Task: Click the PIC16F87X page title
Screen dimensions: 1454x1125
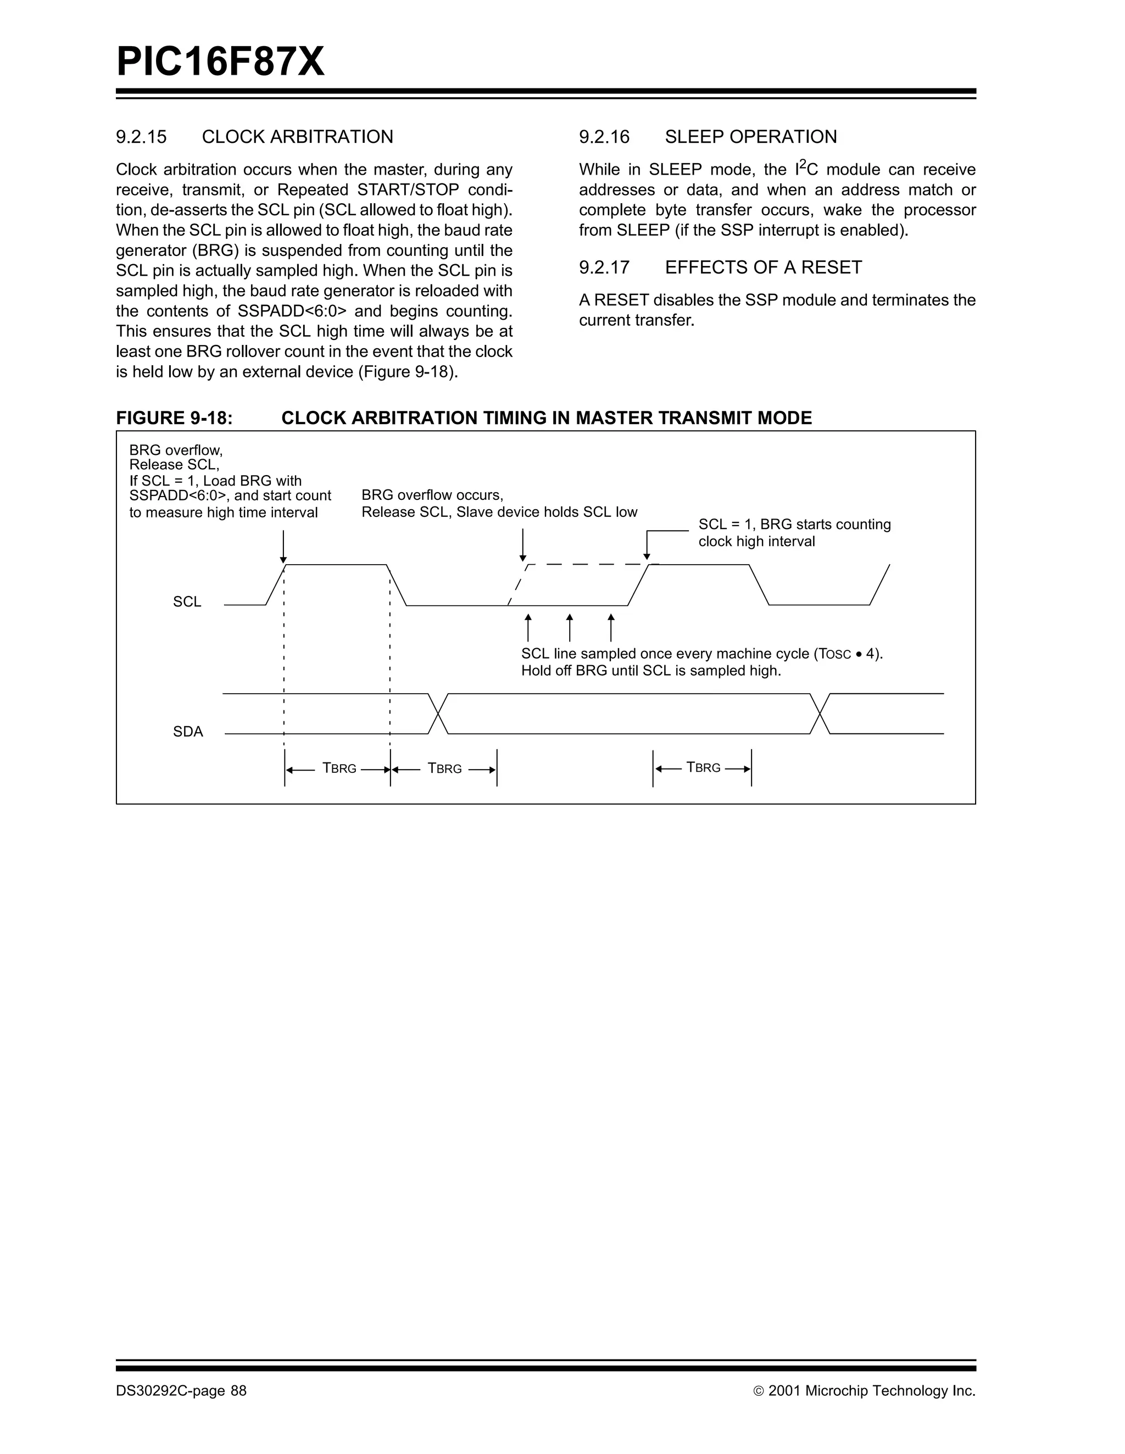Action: click(220, 63)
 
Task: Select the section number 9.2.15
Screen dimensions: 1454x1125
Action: click(141, 137)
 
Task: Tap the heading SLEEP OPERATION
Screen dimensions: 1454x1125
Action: click(750, 137)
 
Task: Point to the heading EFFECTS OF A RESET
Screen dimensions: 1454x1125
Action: click(763, 268)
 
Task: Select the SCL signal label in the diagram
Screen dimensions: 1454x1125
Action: click(187, 602)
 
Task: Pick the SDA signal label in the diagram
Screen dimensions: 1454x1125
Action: click(188, 732)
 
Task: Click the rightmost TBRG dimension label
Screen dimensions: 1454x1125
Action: click(703, 767)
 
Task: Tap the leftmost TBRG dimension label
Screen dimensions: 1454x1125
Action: click(339, 768)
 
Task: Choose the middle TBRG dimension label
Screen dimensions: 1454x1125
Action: click(445, 768)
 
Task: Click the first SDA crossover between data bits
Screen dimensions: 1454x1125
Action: click(438, 714)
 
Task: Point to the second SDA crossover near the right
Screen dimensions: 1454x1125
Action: click(820, 714)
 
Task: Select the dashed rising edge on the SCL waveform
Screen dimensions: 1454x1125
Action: click(518, 584)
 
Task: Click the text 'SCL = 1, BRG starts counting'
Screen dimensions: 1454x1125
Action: click(794, 525)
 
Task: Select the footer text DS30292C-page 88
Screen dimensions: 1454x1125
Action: click(181, 1391)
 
